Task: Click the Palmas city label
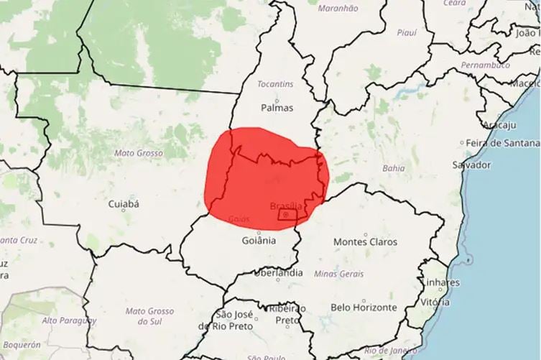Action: coord(277,108)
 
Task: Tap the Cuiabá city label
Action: coord(123,204)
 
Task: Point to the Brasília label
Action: coord(286,206)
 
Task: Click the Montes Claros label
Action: coord(365,242)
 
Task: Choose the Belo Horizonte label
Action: coord(364,308)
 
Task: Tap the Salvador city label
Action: coord(472,165)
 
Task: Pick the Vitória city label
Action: coord(435,303)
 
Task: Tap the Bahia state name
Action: coord(394,167)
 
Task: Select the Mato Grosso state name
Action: coord(138,153)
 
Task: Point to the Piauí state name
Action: coord(406,32)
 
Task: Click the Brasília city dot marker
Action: coord(287,214)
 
